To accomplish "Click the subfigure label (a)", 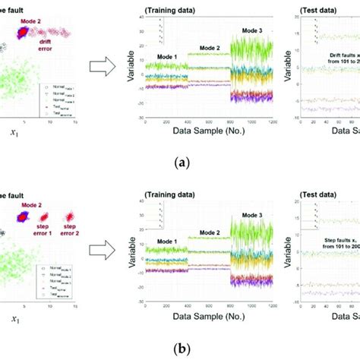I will (x=179, y=163).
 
